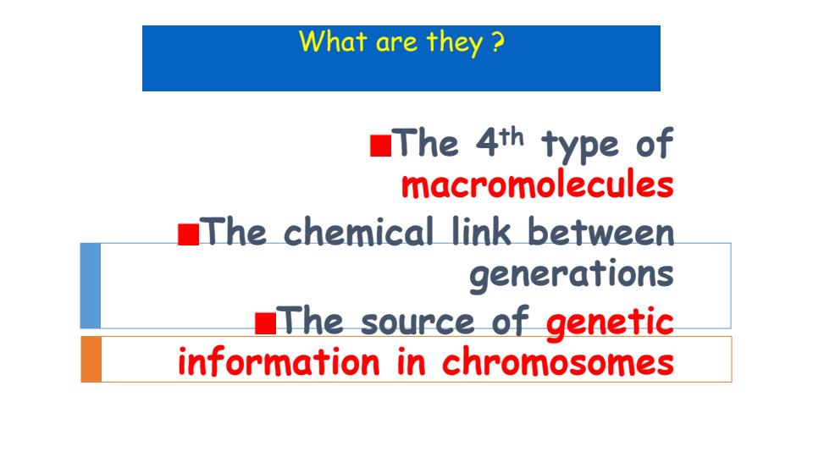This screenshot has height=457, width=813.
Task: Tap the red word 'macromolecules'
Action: point(537,185)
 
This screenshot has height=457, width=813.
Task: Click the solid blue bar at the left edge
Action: point(90,285)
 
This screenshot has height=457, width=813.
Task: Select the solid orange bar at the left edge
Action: point(91,359)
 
